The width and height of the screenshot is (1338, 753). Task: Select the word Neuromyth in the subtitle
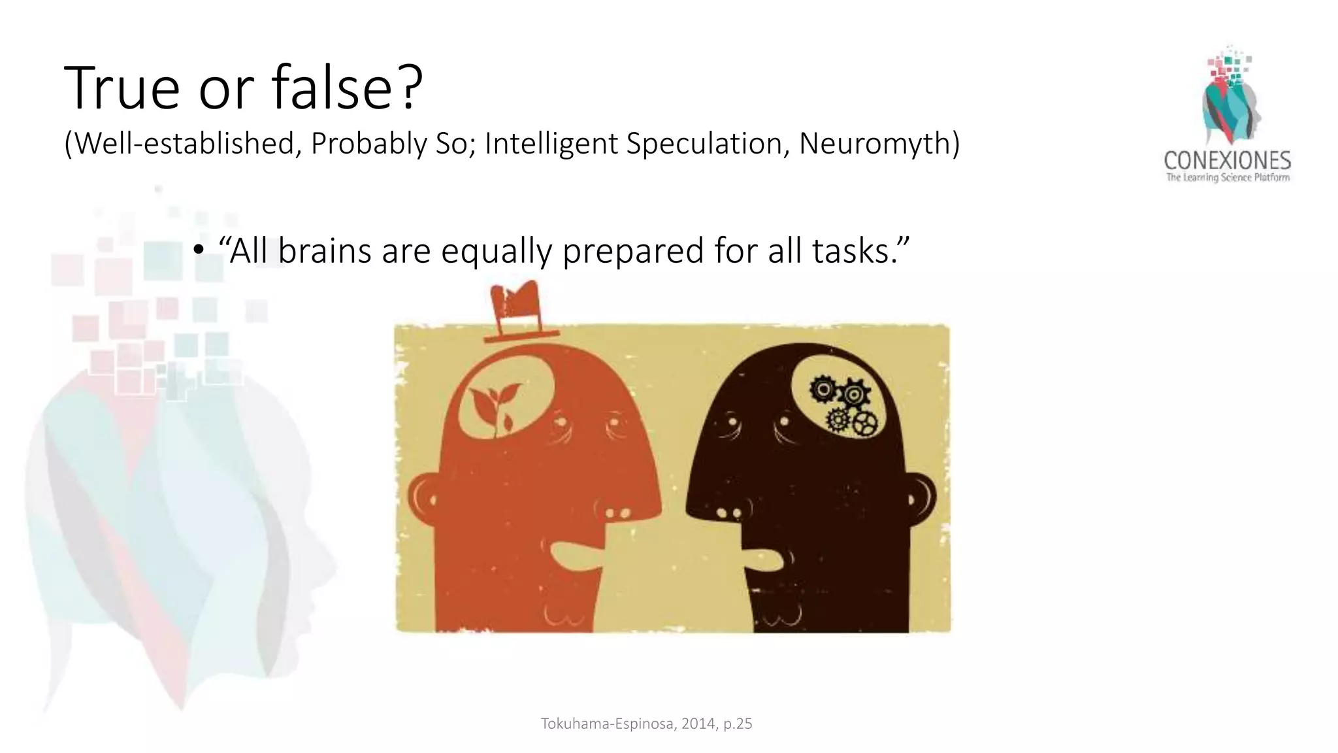pyautogui.click(x=879, y=144)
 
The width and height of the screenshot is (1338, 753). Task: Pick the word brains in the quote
pyautogui.click(x=325, y=250)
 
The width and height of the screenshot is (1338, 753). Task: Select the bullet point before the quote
pyautogui.click(x=199, y=252)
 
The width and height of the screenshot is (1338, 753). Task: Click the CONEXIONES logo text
pyautogui.click(x=1227, y=160)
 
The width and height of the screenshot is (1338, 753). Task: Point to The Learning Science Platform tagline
pyautogui.click(x=1228, y=177)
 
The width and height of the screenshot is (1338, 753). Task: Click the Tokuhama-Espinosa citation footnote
pyautogui.click(x=646, y=724)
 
